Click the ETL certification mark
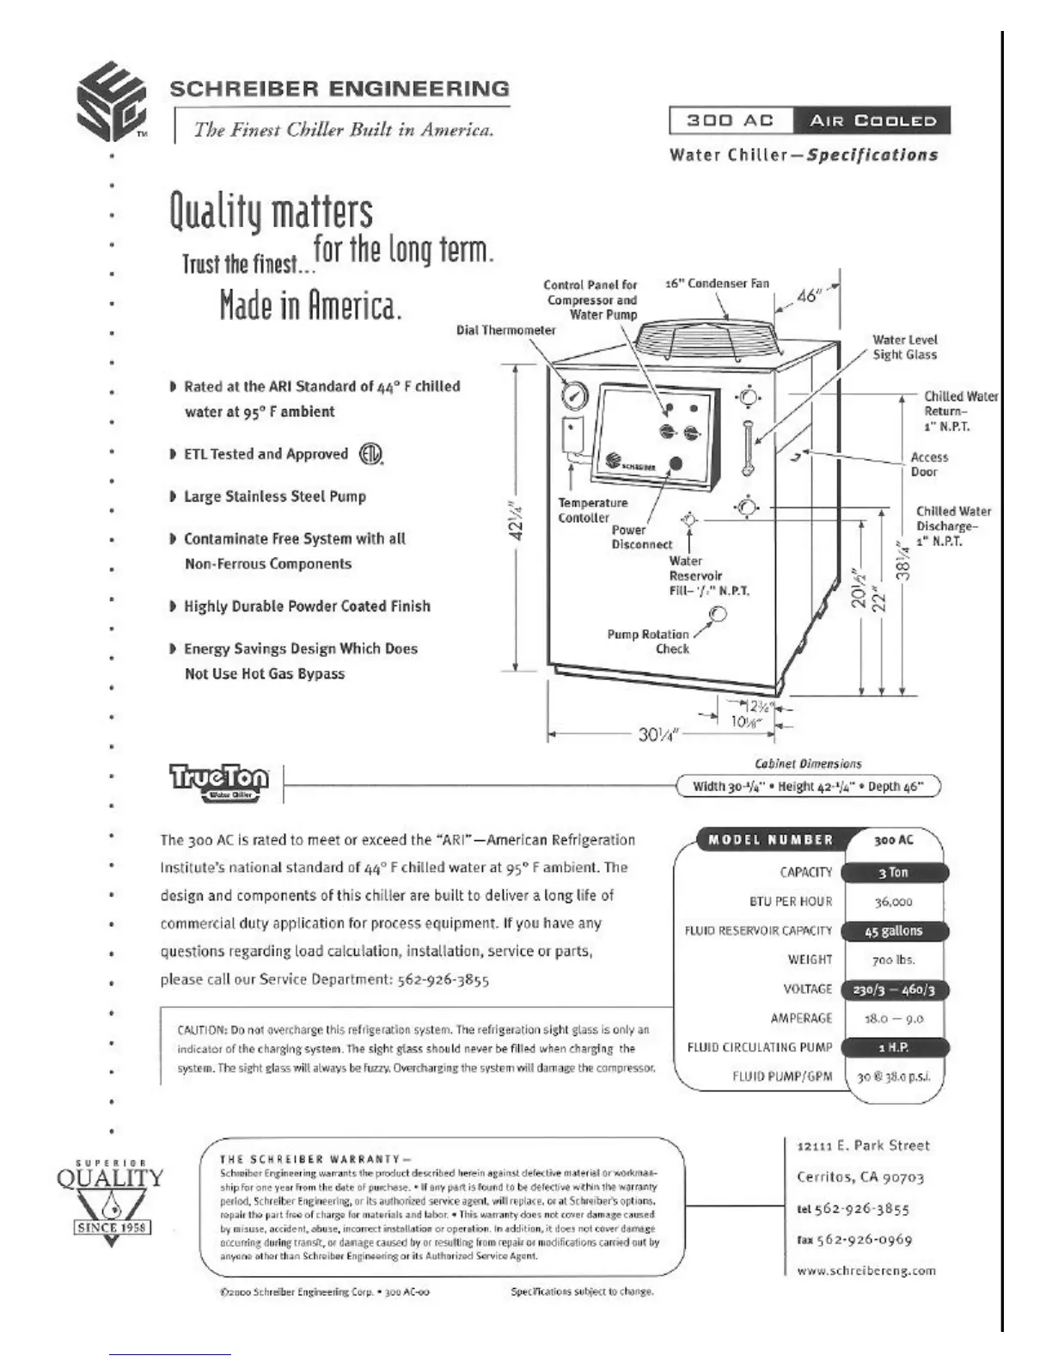click(x=370, y=454)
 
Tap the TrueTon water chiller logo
click(x=219, y=782)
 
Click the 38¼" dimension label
click(x=902, y=561)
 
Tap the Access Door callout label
click(x=929, y=464)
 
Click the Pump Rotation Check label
click(x=648, y=641)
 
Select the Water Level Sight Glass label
click(x=904, y=347)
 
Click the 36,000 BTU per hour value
click(x=893, y=902)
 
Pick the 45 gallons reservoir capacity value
click(x=893, y=931)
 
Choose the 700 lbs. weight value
click(x=893, y=960)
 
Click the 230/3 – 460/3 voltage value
click(x=893, y=990)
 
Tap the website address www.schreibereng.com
click(x=866, y=1270)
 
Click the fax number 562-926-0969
click(x=854, y=1240)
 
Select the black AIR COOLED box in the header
click(x=872, y=121)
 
